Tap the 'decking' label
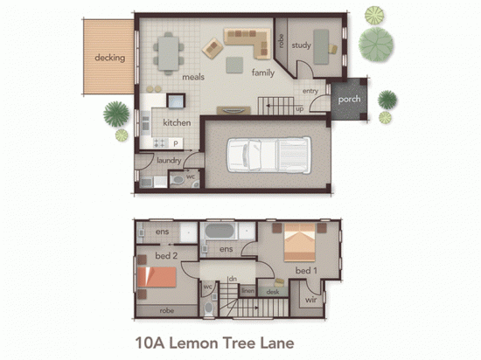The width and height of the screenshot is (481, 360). (109, 59)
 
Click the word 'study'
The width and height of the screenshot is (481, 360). (302, 45)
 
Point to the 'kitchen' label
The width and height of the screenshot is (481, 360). (176, 122)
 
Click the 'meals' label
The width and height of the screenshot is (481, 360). (193, 77)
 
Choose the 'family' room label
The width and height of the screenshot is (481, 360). (263, 73)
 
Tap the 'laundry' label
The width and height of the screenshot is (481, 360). (169, 160)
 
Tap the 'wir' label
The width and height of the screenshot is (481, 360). (310, 301)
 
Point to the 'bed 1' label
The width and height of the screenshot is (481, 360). (305, 272)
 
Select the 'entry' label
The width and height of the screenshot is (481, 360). (310, 91)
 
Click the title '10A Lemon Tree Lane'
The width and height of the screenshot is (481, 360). (213, 343)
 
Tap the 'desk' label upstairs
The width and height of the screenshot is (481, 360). (273, 292)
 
